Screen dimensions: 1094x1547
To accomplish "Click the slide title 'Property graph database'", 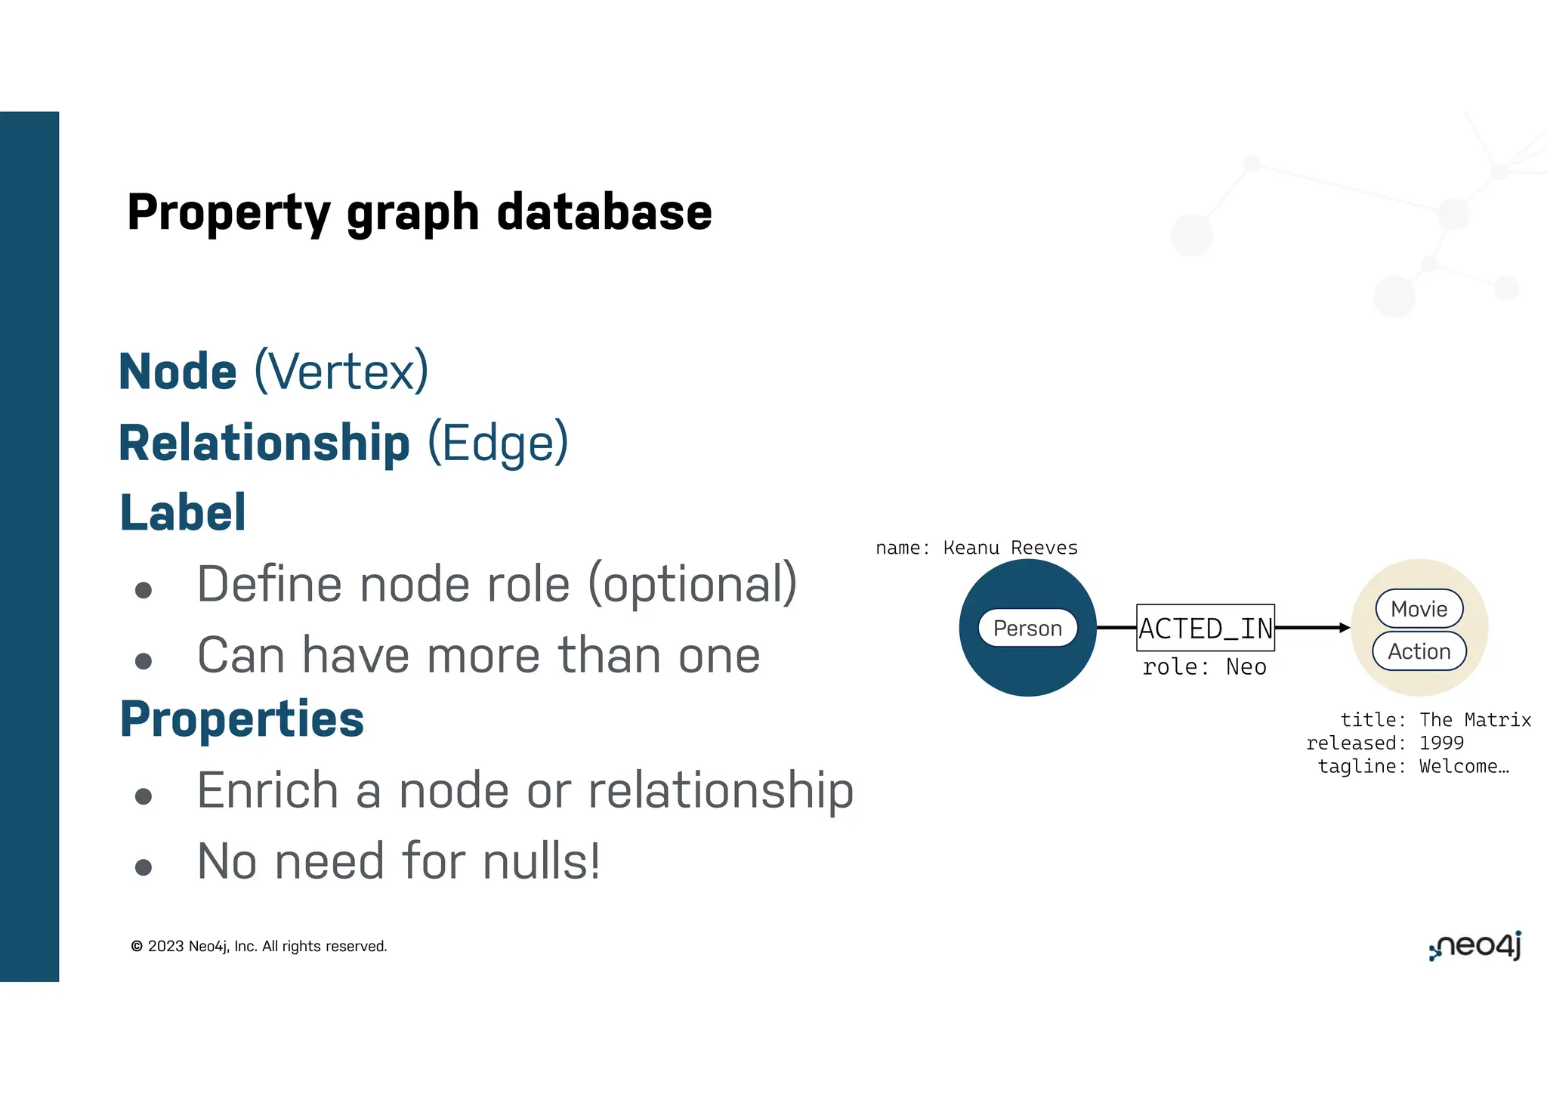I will coord(419,212).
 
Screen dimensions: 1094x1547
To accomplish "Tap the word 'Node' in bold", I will coord(178,372).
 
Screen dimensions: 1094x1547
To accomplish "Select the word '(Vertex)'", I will coord(341,372).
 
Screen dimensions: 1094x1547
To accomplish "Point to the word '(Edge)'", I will coord(498,443).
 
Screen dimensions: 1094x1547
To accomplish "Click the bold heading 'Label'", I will coord(184,512).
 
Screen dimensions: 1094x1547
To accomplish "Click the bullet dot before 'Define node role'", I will coord(144,590).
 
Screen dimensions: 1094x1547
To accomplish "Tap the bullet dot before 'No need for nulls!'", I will coord(144,867).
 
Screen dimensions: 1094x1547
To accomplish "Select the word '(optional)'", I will coord(692,586).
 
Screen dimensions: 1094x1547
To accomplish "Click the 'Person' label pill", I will coord(1027,628).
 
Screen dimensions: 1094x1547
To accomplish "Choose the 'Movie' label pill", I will coord(1419,609).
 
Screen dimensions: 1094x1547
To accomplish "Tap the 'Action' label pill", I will coord(1419,651).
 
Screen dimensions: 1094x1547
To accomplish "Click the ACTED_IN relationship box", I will coord(1206,628).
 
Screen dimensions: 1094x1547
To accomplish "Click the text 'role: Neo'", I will coord(1204,667).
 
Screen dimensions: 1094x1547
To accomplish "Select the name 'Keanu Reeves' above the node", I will coord(1010,548).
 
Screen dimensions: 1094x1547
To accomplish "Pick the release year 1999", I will coord(1441,743).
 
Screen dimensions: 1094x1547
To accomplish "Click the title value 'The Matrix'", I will coord(1474,720).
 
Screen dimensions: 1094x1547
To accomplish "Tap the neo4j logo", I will coord(1474,947).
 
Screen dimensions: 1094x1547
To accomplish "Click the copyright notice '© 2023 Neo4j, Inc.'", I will coord(258,947).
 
